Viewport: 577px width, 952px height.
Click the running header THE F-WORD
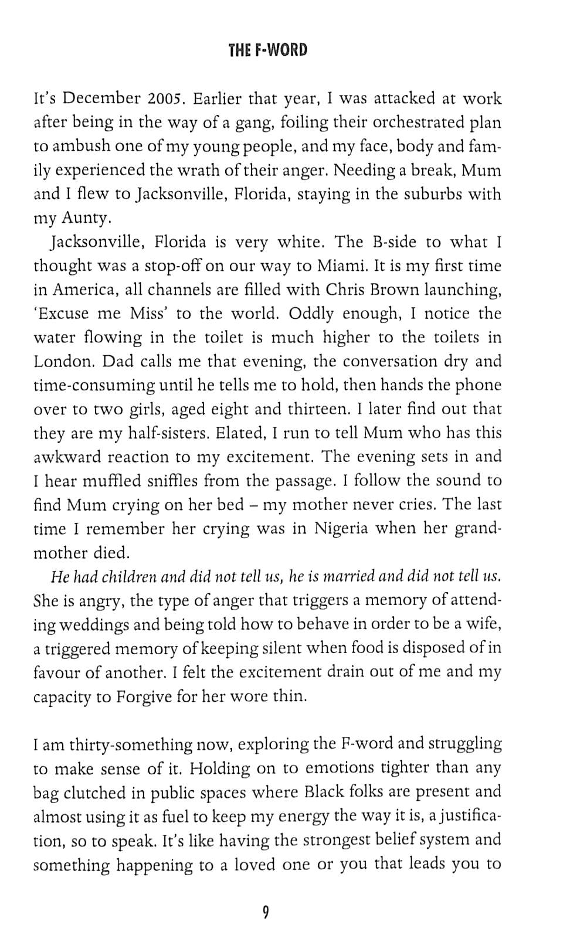pos(267,50)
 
